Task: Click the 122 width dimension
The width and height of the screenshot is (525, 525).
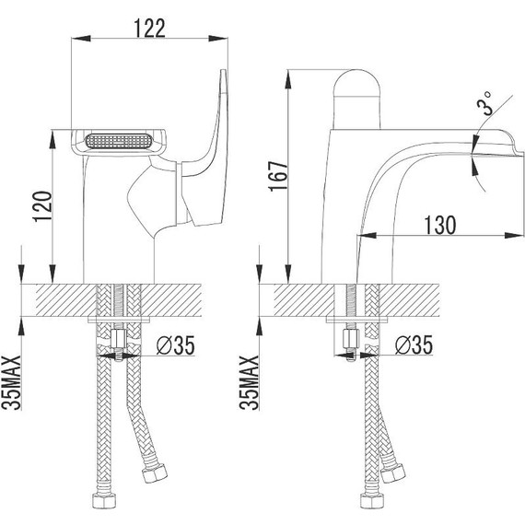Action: [149, 29]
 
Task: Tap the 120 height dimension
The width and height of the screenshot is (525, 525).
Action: [43, 206]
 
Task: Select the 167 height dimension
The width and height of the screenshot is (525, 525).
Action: [278, 176]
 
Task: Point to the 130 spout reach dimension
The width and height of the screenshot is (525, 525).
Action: [440, 225]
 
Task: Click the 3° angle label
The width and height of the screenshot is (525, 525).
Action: [485, 103]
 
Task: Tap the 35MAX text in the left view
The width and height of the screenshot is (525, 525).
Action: [12, 382]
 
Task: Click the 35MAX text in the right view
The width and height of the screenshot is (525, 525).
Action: [249, 382]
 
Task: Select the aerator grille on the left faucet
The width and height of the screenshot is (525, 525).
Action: [119, 141]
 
